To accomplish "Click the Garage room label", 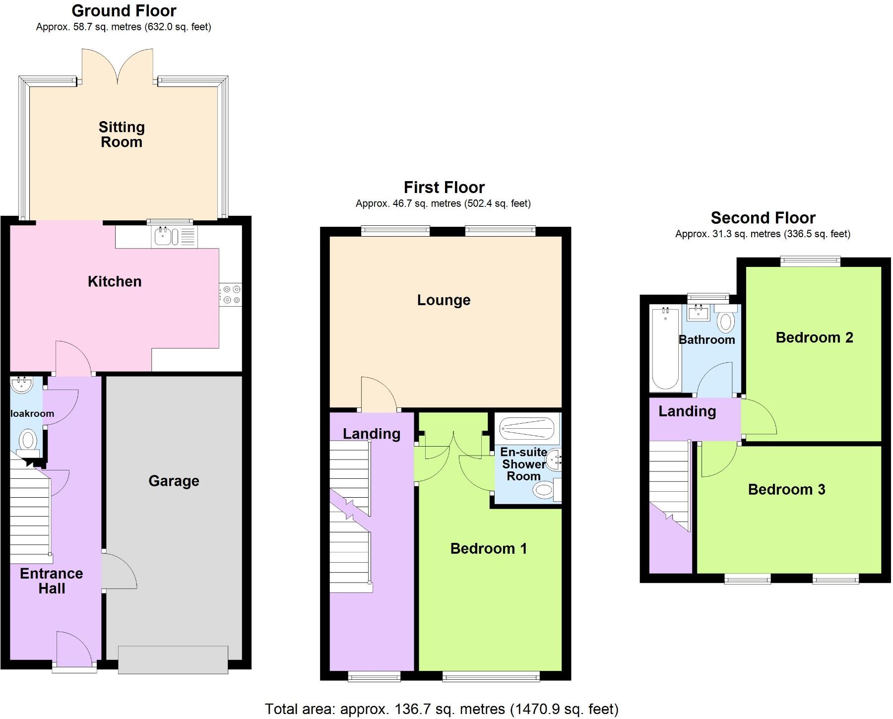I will [x=174, y=481].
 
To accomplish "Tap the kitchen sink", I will [x=166, y=237].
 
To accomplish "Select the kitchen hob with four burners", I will [x=231, y=294].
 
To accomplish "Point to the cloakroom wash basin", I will [x=21, y=384].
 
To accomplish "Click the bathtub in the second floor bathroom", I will [x=665, y=348].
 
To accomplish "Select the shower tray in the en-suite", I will [x=526, y=428].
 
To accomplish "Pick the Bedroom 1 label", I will [x=488, y=548].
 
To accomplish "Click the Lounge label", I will [x=444, y=300].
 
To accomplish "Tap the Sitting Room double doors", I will [x=118, y=67].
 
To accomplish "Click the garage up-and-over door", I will [x=173, y=659].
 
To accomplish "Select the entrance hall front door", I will [x=74, y=648].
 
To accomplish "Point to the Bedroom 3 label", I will [x=786, y=489].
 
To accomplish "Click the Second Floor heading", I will [x=763, y=218].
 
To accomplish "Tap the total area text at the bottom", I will [x=442, y=709].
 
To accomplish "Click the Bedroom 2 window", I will [x=810, y=261].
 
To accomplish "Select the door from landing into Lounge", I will [x=379, y=394].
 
